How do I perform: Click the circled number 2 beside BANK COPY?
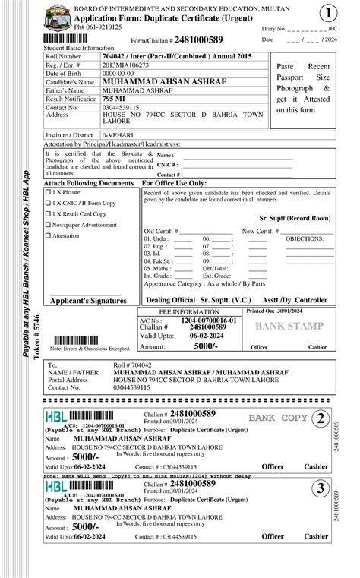pos(321,418)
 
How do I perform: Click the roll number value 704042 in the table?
pos(115,56)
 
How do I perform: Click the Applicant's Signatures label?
pos(88,301)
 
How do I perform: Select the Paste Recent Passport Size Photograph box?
pos(302,88)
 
